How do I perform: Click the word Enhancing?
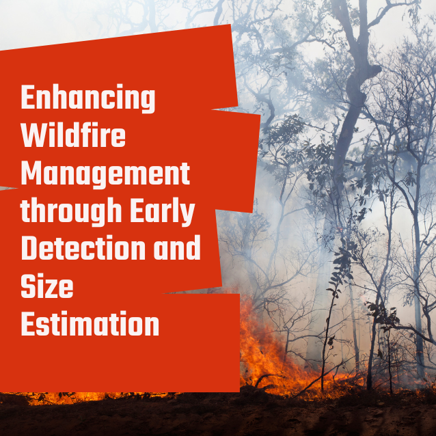pyautogui.click(x=88, y=98)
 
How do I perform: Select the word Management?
pyautogui.click(x=105, y=175)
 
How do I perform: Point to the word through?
pyautogui.click(x=71, y=211)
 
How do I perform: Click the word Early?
pyautogui.click(x=163, y=211)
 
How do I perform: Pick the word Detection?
pyautogui.click(x=83, y=247)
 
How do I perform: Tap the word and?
pyautogui.click(x=178, y=247)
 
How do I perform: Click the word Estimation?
pyautogui.click(x=90, y=323)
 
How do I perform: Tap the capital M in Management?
pyautogui.click(x=31, y=173)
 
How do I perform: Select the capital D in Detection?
pyautogui.click(x=29, y=248)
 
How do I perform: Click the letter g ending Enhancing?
pyautogui.click(x=147, y=103)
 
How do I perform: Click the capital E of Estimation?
pyautogui.click(x=28, y=323)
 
